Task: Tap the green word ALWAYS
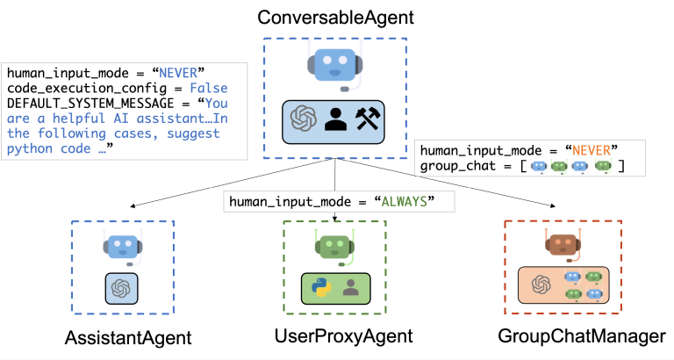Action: pos(412,201)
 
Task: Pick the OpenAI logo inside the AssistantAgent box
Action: pos(122,289)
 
